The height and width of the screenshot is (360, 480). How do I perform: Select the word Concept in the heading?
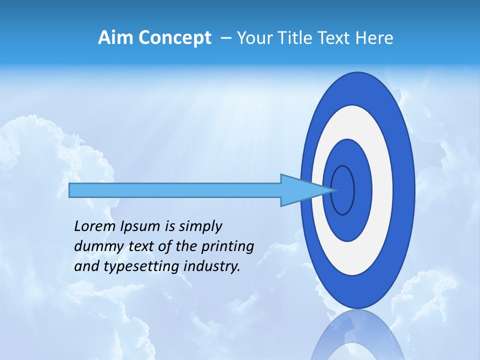(x=175, y=37)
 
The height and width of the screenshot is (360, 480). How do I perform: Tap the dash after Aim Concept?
(x=225, y=38)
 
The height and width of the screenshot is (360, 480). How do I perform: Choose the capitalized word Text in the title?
(x=336, y=37)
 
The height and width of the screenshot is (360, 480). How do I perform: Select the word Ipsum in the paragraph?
(x=140, y=227)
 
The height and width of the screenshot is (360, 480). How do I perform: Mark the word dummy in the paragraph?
(x=95, y=247)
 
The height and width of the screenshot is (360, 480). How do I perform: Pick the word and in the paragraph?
(x=86, y=266)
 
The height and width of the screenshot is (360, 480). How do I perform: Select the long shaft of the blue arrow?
(x=175, y=190)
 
